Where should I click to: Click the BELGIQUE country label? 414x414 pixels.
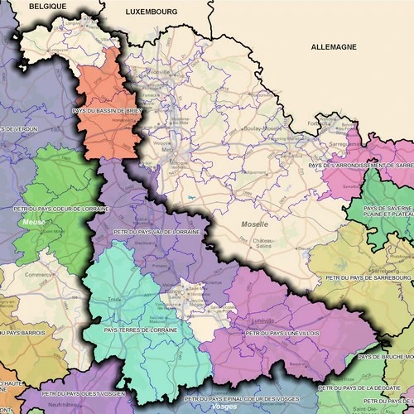click(47, 5)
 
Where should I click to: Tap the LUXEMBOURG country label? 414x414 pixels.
click(152, 12)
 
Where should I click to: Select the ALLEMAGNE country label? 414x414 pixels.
click(334, 47)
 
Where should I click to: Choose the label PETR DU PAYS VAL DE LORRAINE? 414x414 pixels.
click(156, 233)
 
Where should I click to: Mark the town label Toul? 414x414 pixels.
click(113, 300)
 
